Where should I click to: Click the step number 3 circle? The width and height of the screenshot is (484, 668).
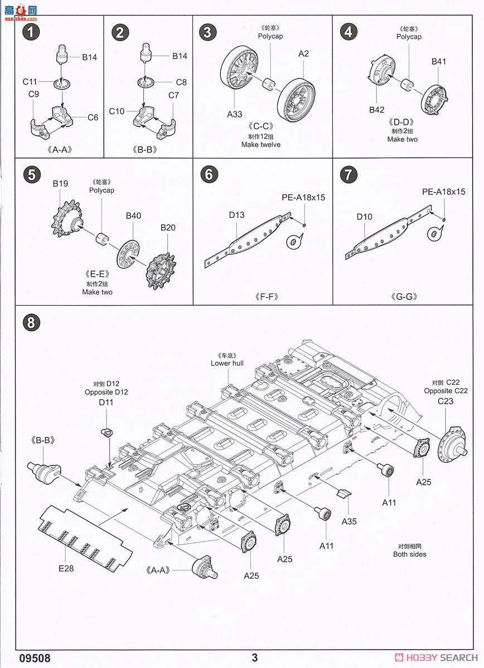[207, 32]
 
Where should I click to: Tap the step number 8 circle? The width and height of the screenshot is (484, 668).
[31, 322]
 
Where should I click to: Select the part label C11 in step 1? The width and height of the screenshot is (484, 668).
[30, 82]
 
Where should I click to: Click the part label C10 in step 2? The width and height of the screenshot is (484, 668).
[117, 111]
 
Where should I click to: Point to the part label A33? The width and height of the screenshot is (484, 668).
[235, 114]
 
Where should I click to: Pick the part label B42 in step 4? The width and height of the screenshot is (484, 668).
[376, 110]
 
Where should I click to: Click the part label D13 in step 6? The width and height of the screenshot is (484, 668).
[236, 215]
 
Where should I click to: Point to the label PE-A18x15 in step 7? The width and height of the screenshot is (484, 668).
[443, 192]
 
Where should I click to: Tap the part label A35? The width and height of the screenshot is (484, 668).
[350, 521]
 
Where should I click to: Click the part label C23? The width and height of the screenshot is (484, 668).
[446, 401]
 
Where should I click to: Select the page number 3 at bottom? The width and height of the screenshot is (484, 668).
[254, 658]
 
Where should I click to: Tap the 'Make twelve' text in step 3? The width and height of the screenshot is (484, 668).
[261, 145]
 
